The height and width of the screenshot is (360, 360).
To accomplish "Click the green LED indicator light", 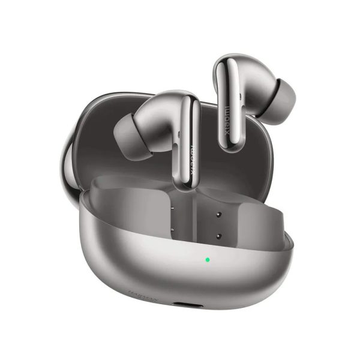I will tap(207, 260).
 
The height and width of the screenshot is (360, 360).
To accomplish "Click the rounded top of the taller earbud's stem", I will tap(229, 60).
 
